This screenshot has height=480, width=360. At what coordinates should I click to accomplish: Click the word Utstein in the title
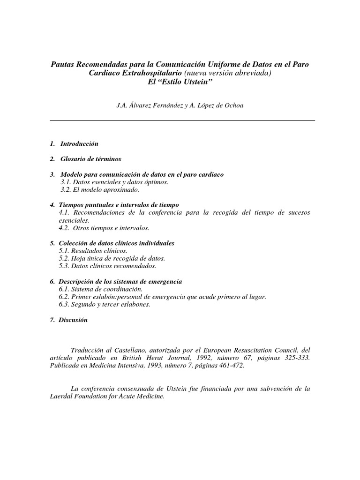click(x=197, y=81)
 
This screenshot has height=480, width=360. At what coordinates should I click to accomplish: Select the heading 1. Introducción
click(x=74, y=143)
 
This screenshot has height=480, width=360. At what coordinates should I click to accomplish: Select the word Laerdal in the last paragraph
click(x=63, y=397)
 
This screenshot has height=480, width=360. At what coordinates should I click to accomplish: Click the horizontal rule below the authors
click(x=182, y=121)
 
